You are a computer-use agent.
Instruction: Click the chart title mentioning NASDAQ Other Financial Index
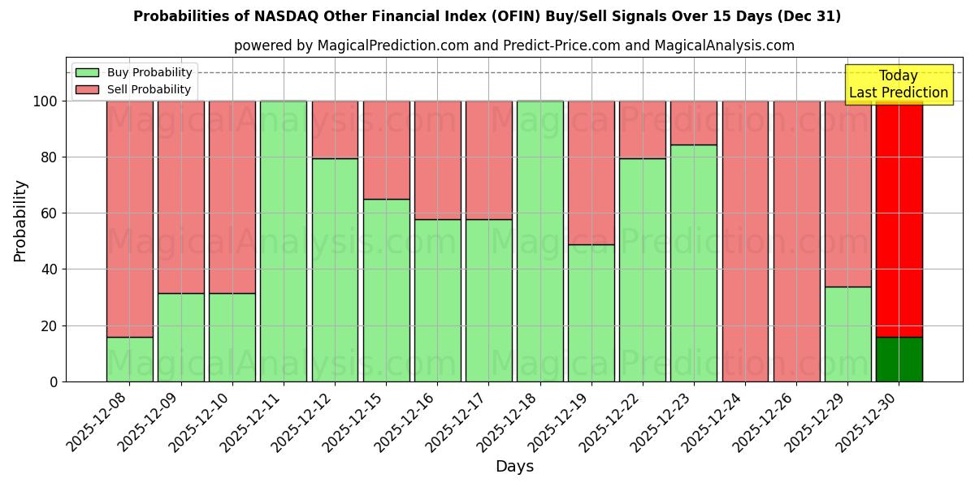tap(487, 16)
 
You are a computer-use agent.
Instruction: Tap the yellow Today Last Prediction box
tap(898, 84)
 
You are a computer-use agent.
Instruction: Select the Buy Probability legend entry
tap(149, 72)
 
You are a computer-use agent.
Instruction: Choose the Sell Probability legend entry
tap(149, 90)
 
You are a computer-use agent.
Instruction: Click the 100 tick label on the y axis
tap(44, 101)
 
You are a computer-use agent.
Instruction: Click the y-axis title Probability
tap(20, 221)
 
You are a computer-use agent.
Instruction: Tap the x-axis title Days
tap(514, 467)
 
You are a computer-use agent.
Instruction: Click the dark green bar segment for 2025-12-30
tap(899, 359)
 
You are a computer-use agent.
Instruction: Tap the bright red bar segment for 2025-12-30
tap(899, 219)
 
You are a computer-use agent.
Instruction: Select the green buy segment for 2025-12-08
tap(130, 359)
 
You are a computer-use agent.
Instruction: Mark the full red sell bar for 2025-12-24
tap(745, 241)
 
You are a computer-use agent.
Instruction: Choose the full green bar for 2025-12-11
tap(284, 241)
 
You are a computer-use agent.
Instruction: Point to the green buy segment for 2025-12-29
tap(847, 334)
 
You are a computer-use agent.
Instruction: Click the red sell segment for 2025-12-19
tap(591, 172)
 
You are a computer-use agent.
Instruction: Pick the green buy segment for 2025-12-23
tap(694, 263)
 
